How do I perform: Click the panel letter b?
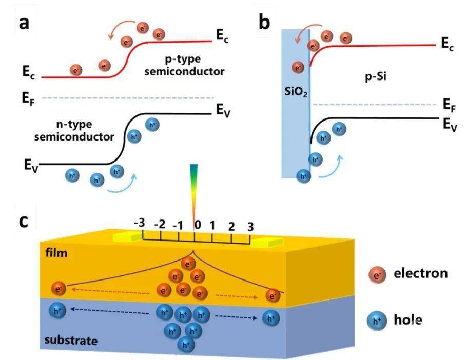[265, 23]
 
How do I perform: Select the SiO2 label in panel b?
[296, 91]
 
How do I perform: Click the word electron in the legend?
[421, 273]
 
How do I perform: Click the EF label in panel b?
[450, 106]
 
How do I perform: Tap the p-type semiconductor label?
[184, 65]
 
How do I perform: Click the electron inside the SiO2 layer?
[297, 67]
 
